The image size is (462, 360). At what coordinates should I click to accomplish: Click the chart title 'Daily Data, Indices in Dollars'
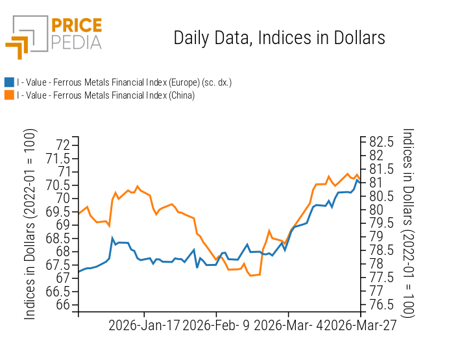(x=279, y=38)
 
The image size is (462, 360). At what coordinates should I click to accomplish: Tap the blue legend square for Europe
(x=9, y=82)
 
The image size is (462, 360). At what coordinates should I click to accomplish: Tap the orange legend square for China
(x=9, y=95)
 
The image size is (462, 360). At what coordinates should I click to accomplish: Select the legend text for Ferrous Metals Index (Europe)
(x=124, y=82)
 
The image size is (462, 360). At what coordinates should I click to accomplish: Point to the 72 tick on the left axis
(x=62, y=144)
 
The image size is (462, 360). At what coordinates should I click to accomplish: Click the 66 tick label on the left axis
(x=62, y=305)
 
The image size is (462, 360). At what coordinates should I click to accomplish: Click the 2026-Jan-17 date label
(x=144, y=326)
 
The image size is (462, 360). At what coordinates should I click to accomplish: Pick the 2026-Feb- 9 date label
(x=217, y=326)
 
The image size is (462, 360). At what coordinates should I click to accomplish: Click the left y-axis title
(x=30, y=224)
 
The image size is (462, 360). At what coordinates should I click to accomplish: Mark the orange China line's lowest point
(x=250, y=276)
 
